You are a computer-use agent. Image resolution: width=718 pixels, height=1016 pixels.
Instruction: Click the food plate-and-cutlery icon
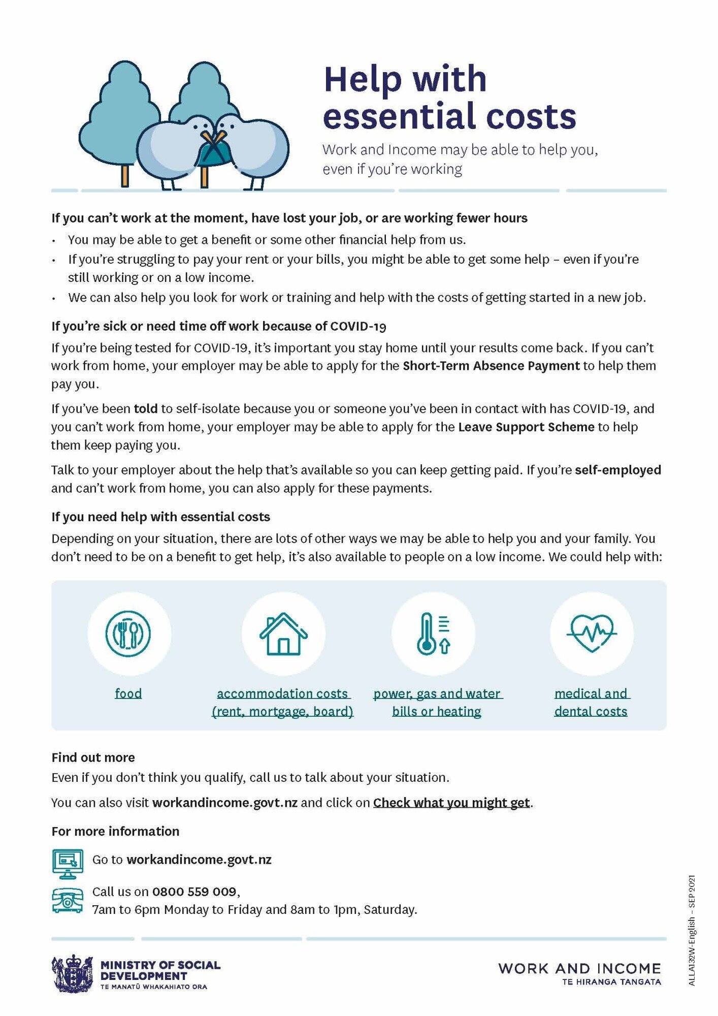(x=128, y=633)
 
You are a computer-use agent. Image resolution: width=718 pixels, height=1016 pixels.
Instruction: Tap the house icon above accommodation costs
(x=283, y=633)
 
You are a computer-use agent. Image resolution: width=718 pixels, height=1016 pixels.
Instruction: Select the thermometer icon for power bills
(x=433, y=633)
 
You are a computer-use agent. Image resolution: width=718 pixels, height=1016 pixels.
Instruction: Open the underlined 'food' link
(x=128, y=693)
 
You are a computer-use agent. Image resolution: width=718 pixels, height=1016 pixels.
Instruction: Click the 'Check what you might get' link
(x=451, y=803)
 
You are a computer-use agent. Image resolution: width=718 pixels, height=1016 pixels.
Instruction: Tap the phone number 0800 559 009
(x=194, y=892)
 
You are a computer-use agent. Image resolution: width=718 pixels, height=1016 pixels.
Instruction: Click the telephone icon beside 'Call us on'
(x=68, y=901)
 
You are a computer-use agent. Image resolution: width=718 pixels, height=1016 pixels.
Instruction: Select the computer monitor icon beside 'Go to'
(x=68, y=863)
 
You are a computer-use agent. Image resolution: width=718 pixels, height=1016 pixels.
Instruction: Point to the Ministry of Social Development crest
(x=72, y=973)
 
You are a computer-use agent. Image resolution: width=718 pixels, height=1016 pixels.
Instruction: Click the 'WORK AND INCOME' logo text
(x=579, y=968)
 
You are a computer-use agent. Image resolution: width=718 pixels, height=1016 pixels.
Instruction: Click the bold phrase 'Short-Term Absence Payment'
(x=491, y=366)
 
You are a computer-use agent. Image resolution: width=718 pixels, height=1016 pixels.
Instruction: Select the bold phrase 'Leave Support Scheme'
(x=526, y=427)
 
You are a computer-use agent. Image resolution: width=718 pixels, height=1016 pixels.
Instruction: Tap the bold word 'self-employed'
(x=617, y=470)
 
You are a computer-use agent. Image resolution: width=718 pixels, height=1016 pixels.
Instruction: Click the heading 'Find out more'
(x=93, y=757)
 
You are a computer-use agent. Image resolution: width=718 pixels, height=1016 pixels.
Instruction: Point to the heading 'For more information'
(x=115, y=832)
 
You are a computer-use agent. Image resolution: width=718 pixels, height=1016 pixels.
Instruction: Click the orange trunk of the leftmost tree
(x=125, y=175)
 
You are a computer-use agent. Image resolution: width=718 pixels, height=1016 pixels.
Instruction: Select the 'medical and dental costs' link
(x=591, y=702)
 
